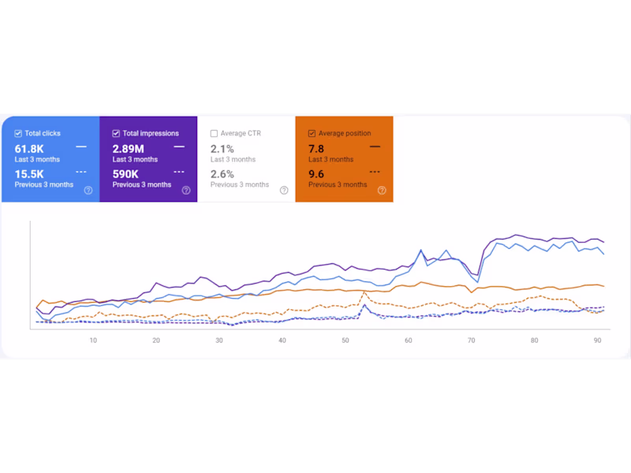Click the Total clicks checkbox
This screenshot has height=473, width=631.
coord(18,134)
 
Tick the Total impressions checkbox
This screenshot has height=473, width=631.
coord(116,134)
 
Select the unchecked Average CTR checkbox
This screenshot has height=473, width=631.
coord(214,134)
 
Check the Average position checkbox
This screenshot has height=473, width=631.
coord(312,134)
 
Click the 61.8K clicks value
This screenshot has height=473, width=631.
coord(29,148)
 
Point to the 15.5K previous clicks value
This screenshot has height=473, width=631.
coord(29,173)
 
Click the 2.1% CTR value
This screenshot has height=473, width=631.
coord(222,148)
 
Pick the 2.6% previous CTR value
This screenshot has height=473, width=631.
coord(222,173)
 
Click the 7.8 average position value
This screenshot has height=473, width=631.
coord(316,148)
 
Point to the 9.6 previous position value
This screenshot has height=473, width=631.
coord(316,173)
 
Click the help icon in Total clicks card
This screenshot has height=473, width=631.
coord(88,190)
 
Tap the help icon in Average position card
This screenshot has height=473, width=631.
coord(382,190)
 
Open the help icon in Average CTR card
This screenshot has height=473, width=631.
coord(284,190)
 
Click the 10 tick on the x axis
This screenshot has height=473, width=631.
coord(93,341)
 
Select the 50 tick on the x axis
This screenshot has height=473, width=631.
coord(345,341)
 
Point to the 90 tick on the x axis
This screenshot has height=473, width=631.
coord(598,341)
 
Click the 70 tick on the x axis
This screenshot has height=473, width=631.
coord(472,341)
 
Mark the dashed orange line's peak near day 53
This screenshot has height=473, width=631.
coord(364,292)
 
